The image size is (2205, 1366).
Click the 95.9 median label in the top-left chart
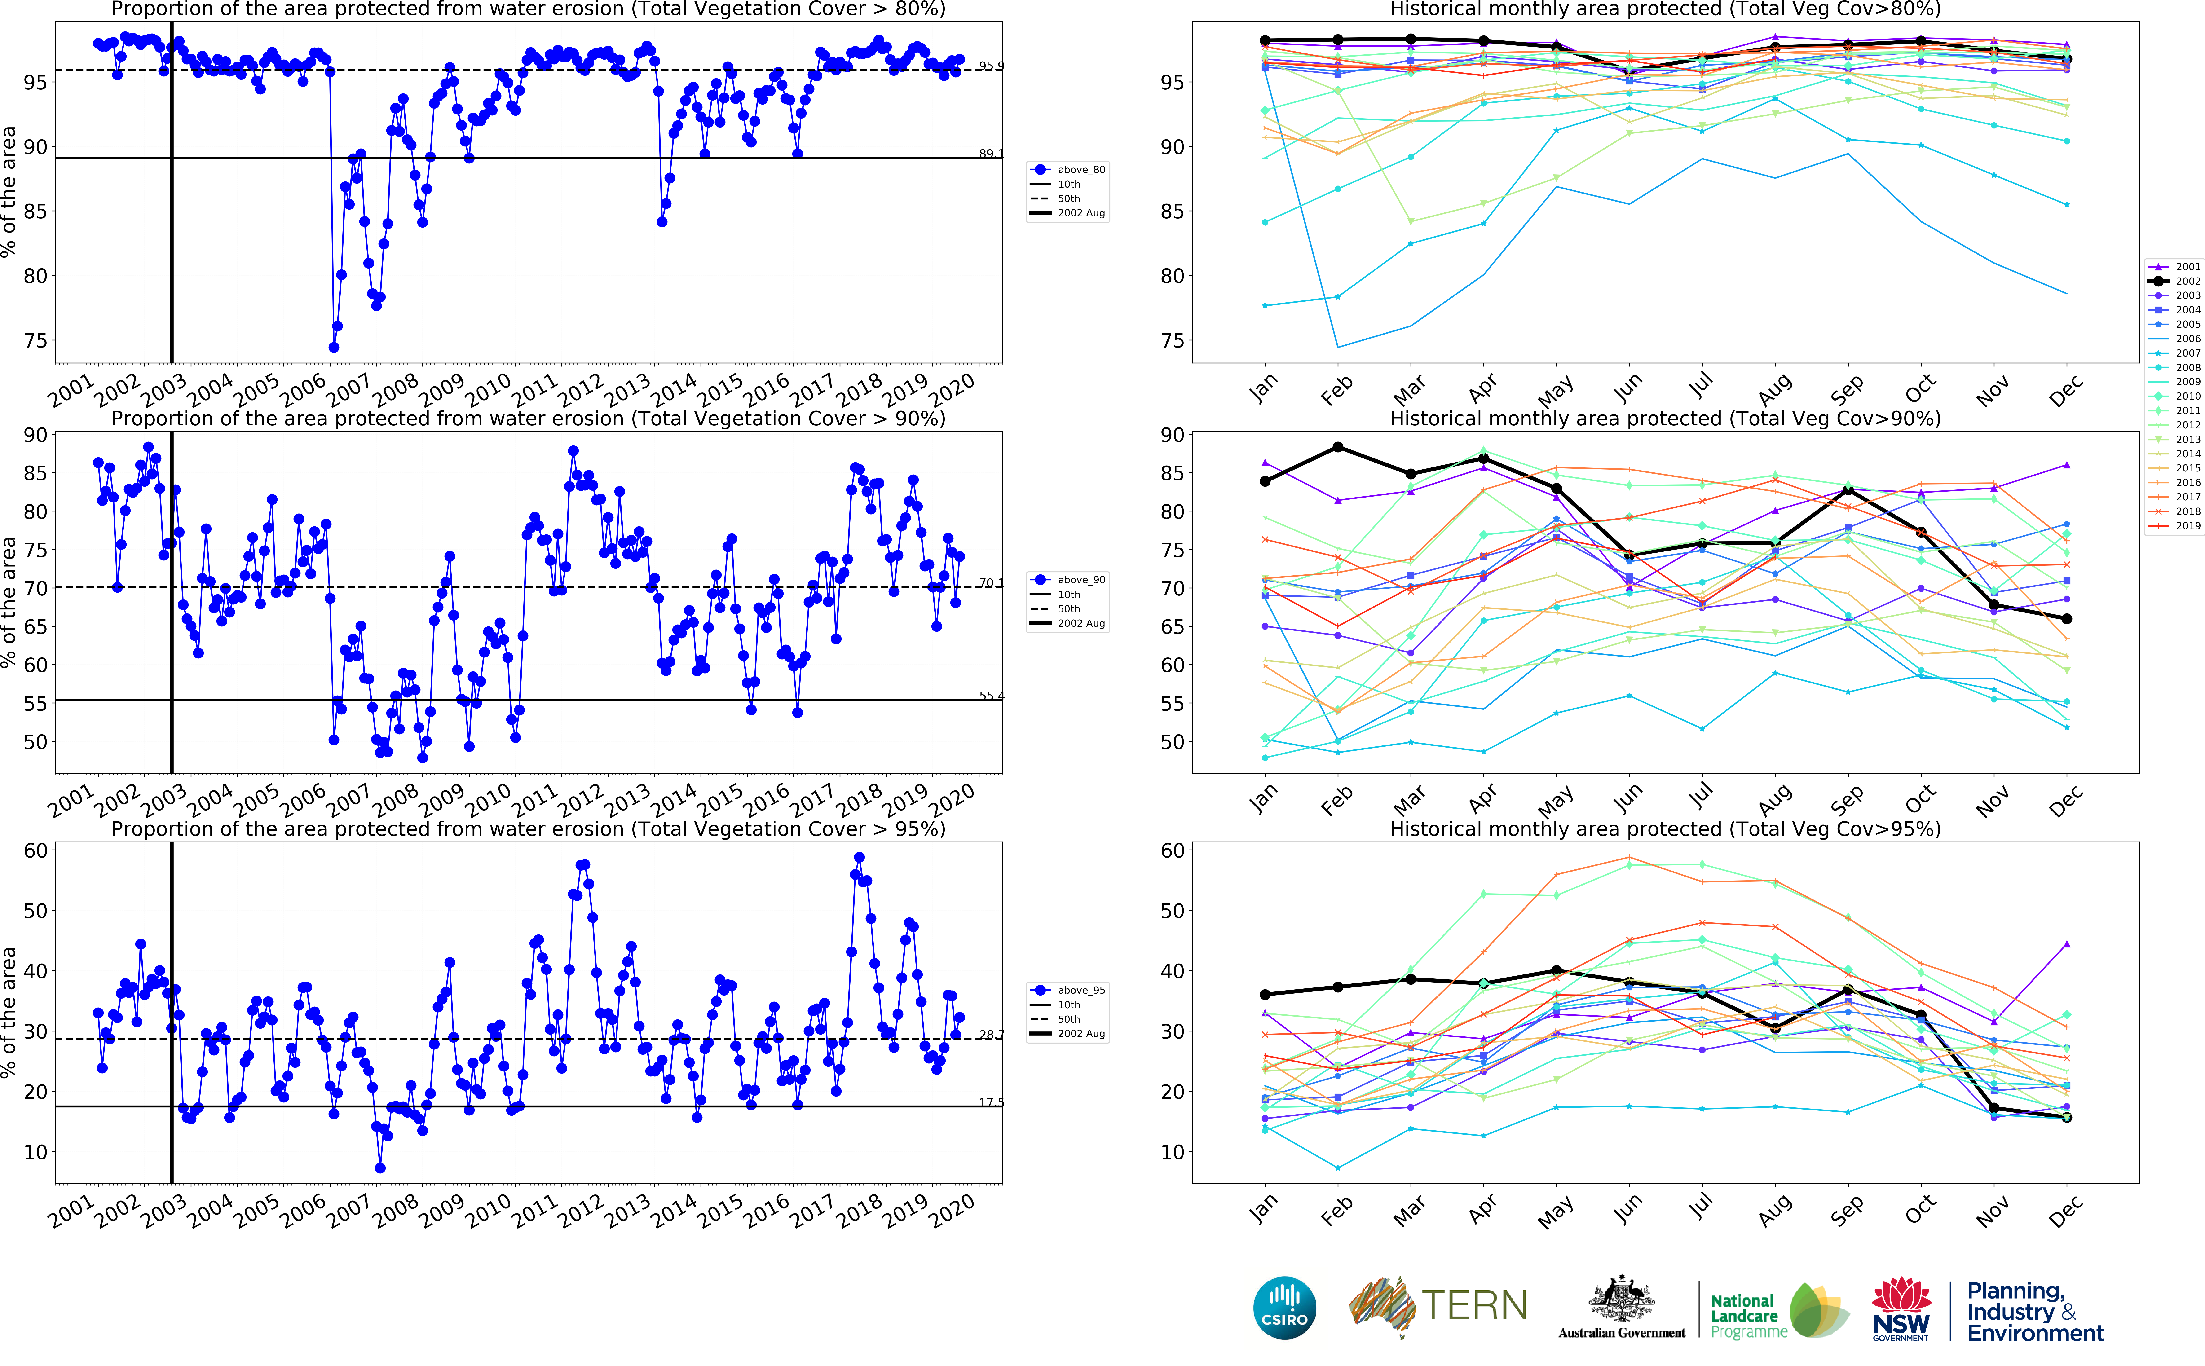click(991, 66)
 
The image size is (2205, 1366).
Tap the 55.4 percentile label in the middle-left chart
click(991, 696)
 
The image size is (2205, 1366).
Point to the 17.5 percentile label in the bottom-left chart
click(991, 1102)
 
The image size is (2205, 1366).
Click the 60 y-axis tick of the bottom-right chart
click(1172, 850)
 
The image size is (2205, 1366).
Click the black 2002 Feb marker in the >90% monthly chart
click(1338, 447)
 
